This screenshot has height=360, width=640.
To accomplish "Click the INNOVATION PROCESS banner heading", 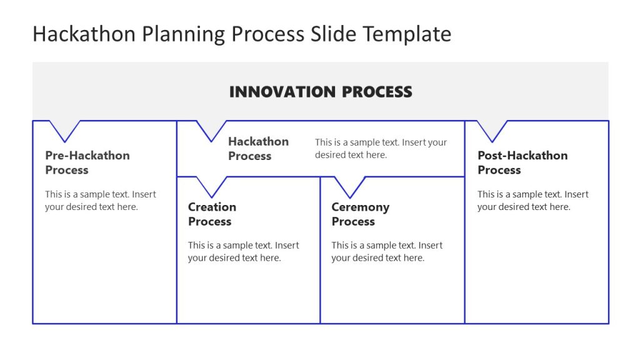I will point(320,92).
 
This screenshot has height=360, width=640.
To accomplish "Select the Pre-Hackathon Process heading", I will point(87,162).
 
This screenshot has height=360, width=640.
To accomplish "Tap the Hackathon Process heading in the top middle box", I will point(258,149).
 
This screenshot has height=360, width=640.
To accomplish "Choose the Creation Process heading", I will point(212,214).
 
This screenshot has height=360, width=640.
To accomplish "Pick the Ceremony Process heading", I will point(360,214).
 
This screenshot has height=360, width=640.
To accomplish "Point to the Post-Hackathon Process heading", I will point(522,162).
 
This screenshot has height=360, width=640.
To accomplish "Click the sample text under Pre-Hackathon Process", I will point(100,201).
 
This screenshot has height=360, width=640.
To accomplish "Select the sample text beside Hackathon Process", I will point(381,149).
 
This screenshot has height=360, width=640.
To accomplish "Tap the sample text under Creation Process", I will point(243,251).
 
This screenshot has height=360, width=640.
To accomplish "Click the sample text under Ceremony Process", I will point(386,251).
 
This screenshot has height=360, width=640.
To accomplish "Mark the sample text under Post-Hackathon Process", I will point(532,201).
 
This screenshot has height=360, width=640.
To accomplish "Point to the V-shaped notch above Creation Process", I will point(211,186).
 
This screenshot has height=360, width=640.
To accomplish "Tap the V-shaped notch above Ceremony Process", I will point(349,186).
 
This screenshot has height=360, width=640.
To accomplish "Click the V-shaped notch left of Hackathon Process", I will point(211,129).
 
